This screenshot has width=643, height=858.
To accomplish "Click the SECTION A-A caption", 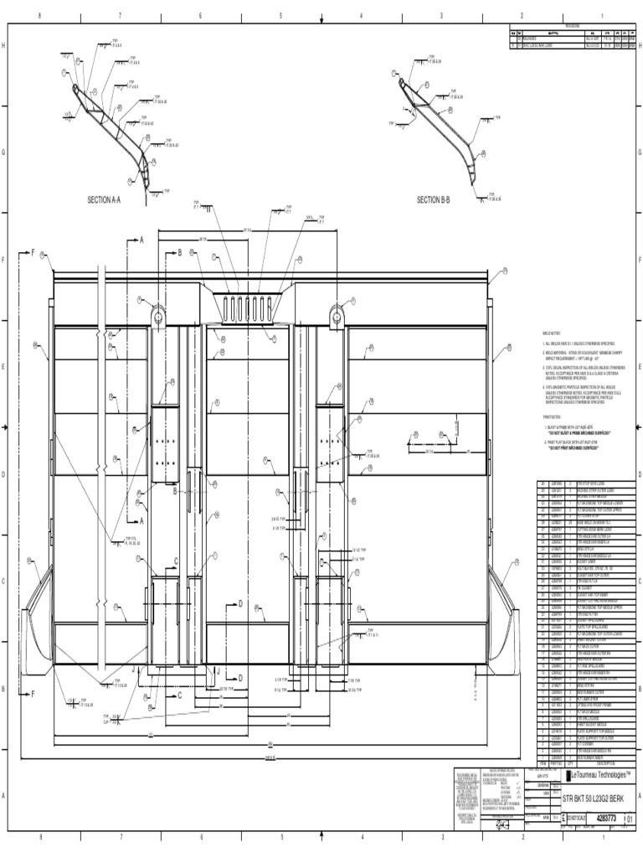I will coord(105,200).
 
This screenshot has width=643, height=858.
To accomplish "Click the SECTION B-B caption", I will coord(434,199).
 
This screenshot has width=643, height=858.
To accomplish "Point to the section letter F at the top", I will coord(33,251).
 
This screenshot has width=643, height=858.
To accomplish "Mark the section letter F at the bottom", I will coord(33,694).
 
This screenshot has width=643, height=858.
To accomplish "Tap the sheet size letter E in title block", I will coord(563,818).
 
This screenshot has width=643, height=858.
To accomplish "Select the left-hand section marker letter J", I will coord(133,670).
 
